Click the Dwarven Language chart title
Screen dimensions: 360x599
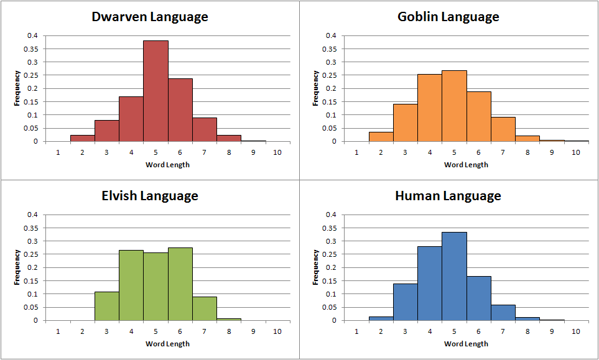150,17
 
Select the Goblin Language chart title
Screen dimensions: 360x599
448,17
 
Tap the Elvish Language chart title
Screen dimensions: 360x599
150,196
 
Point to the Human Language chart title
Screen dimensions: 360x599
448,196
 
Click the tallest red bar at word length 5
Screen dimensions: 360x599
156,91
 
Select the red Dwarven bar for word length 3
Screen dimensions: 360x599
107,131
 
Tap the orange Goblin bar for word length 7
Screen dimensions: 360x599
503,129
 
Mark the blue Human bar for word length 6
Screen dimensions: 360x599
478,298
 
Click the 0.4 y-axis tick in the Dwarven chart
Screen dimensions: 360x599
32,35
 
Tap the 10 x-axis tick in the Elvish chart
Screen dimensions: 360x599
277,331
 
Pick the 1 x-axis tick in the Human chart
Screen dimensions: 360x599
356,331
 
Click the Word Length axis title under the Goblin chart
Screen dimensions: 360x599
466,165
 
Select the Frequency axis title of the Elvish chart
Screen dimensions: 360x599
17,267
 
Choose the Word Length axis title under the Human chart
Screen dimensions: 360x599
466,344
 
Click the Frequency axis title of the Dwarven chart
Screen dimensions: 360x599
17,88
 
